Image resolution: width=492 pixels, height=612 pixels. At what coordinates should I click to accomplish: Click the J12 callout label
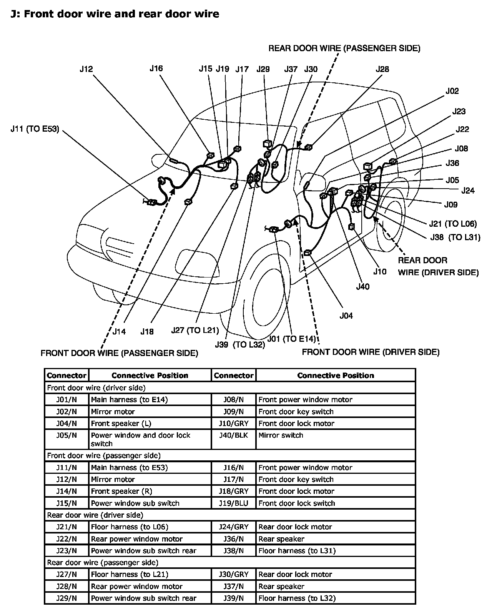[x=86, y=69]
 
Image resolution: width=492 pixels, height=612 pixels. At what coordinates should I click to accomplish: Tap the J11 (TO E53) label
[x=35, y=129]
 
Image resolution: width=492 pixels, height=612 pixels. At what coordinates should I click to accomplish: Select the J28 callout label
[x=382, y=69]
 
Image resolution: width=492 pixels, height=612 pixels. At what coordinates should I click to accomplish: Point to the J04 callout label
[x=346, y=316]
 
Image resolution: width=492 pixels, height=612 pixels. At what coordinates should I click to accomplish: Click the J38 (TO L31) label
[x=455, y=237]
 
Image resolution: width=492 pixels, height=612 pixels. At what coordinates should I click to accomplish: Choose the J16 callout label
[x=156, y=69]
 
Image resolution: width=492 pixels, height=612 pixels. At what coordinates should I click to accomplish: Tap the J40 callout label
[x=363, y=286]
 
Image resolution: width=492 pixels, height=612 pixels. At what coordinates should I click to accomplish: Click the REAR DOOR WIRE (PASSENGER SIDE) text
[x=344, y=48]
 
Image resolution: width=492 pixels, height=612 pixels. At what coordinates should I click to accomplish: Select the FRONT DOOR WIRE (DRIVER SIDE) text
[x=371, y=352]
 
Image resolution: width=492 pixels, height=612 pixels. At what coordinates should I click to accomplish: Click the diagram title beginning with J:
[x=115, y=14]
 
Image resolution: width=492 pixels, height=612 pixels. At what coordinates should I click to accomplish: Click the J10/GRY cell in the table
[x=234, y=423]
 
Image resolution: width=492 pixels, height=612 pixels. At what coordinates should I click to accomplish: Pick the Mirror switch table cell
[x=281, y=435]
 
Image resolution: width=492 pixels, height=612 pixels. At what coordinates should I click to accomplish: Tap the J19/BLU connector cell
[x=234, y=503]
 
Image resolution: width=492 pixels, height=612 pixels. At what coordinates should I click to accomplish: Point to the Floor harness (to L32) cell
[x=297, y=598]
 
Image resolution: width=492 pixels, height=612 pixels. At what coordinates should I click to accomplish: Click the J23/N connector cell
[x=66, y=551]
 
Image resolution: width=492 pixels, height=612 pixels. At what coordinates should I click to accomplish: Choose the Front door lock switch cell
[x=297, y=503]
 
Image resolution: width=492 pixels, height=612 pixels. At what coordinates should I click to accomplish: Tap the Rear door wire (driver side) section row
[x=95, y=515]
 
